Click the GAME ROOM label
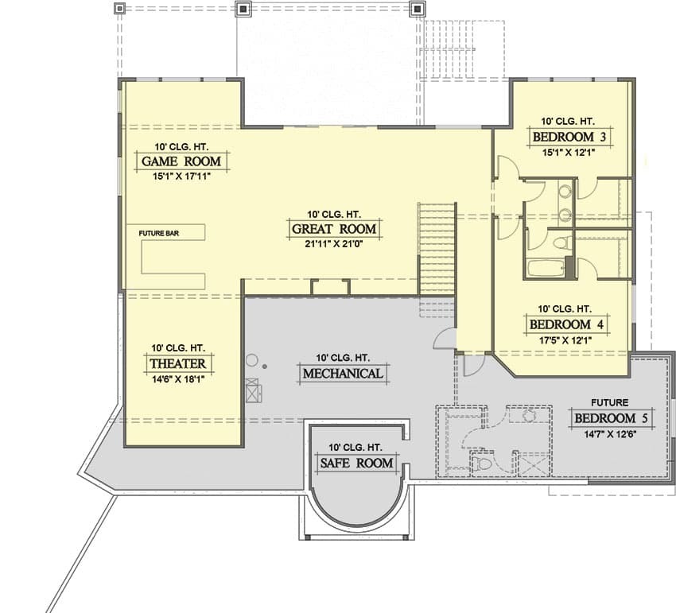(x=181, y=161)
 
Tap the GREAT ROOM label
(x=334, y=229)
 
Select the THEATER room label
(x=178, y=363)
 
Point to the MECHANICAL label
(x=343, y=374)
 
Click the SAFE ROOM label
(x=356, y=463)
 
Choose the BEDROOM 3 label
(x=569, y=137)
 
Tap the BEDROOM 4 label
(x=566, y=324)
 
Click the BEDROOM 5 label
(x=611, y=418)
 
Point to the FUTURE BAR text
(x=158, y=233)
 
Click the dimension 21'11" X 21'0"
(x=334, y=244)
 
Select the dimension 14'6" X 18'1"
(x=177, y=379)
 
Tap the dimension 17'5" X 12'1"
(x=565, y=340)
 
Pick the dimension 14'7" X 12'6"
(x=611, y=434)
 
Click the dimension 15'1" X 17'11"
(x=181, y=177)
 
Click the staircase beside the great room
(x=437, y=248)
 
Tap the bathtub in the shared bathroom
(x=546, y=268)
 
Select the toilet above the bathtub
(x=562, y=242)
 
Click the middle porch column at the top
(x=243, y=8)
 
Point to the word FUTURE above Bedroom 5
(x=610, y=402)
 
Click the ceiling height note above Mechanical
(x=343, y=358)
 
